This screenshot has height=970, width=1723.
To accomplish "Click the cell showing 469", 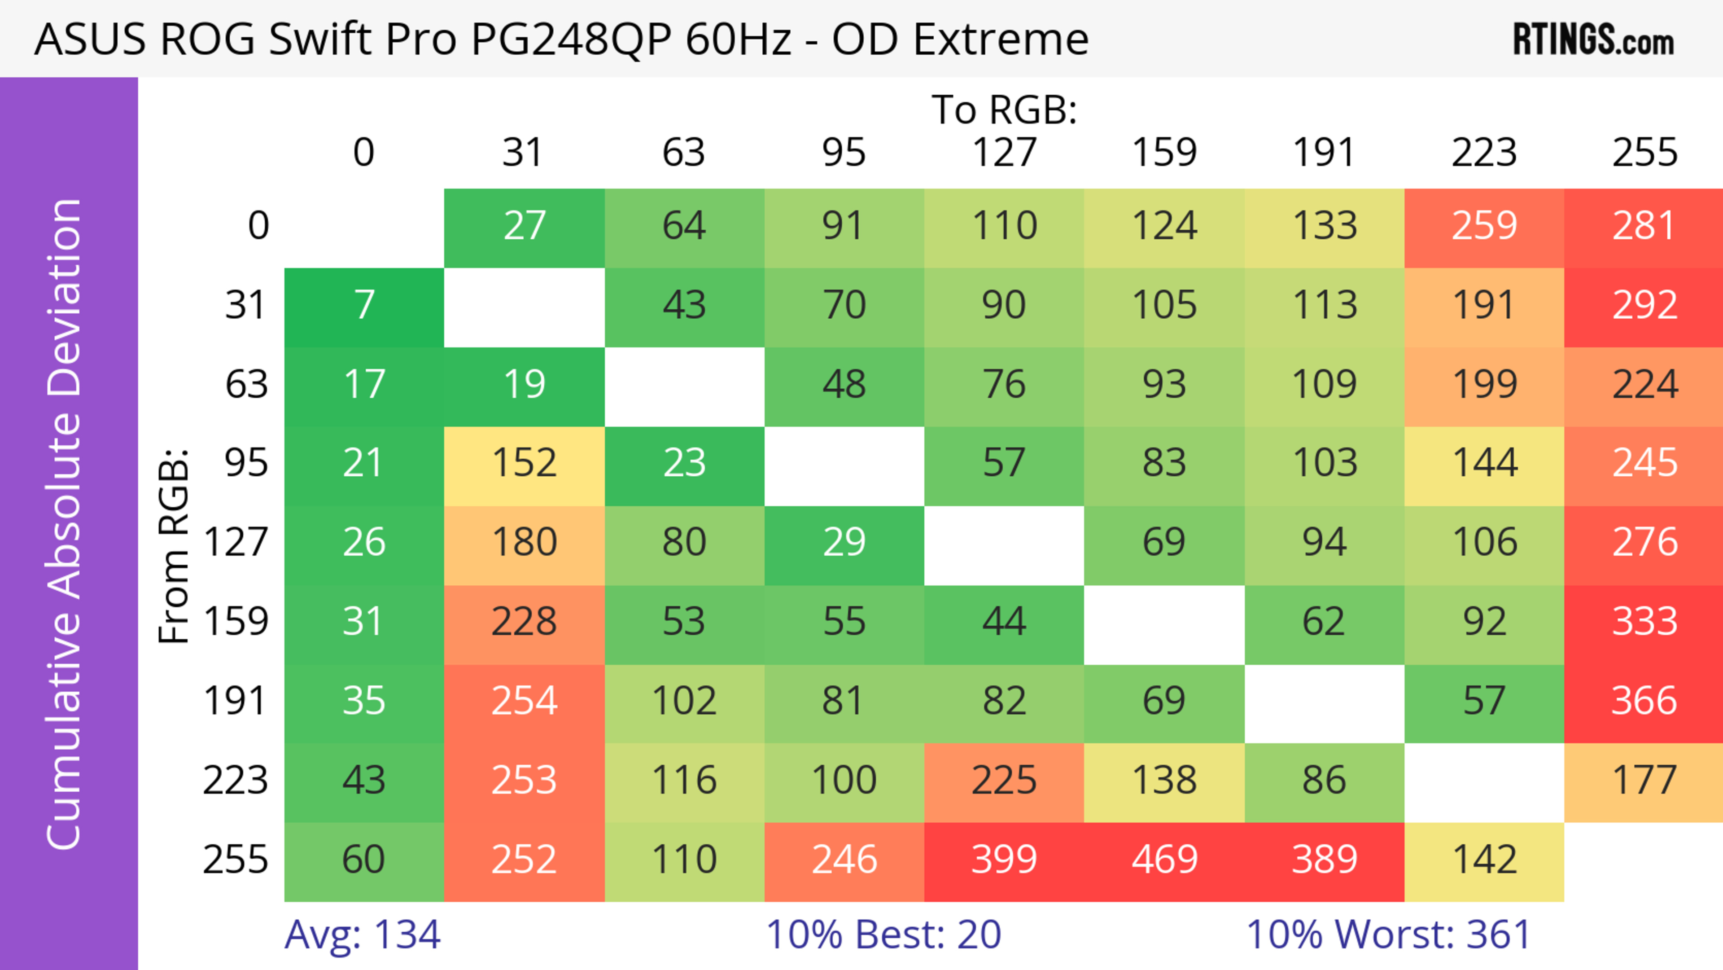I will pos(1164,860).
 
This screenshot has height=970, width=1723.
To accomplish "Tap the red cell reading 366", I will pos(1644,702).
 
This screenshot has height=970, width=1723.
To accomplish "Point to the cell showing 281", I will pos(1644,227).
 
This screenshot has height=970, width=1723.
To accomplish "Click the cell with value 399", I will pos(1004,860).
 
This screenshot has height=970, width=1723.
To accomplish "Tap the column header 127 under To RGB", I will pos(1004,153).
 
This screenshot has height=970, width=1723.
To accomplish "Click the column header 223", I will pos(1483,153).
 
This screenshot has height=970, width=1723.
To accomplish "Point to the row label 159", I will pos(236,622).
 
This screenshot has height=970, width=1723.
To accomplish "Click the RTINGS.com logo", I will pos(1593,40).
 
